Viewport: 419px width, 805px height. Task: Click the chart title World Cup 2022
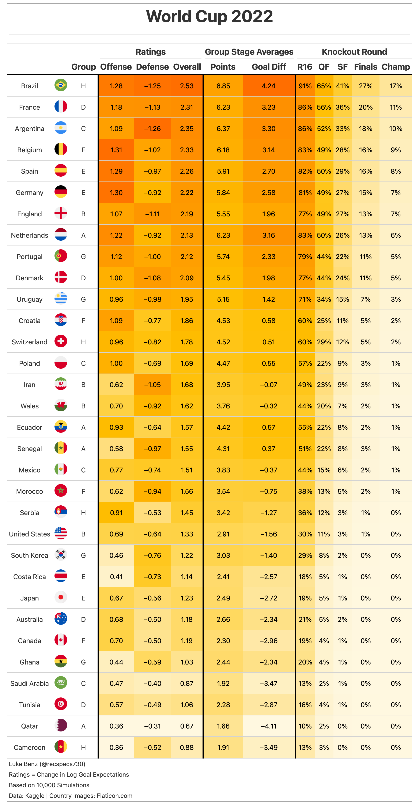coord(209,16)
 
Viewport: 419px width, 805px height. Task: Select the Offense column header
coord(116,67)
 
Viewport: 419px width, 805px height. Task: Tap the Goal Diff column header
coord(269,67)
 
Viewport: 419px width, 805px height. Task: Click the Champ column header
coord(396,67)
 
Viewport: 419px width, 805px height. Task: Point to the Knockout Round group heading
coord(354,52)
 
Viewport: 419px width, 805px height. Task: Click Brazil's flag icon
coord(61,85)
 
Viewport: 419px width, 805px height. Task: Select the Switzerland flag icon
coord(61,341)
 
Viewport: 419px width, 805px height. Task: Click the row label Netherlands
coord(30,235)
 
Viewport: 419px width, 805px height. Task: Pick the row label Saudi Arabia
coord(30,684)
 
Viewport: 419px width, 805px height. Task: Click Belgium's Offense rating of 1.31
coord(116,150)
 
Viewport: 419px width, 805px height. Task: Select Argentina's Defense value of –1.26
coord(152,129)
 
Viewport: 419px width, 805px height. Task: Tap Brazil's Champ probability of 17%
coord(396,86)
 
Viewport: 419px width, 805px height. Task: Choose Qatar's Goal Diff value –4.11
coord(269,726)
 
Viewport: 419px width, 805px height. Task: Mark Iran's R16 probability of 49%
coord(305,385)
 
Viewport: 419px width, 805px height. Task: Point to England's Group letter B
coord(83,214)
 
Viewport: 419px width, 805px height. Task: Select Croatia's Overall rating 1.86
coord(186,321)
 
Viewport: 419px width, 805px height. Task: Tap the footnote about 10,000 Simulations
coord(49,785)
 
